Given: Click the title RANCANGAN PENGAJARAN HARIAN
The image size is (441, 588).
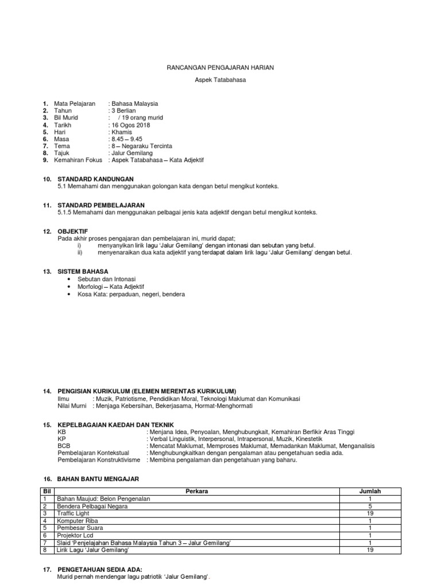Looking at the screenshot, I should coord(220,68).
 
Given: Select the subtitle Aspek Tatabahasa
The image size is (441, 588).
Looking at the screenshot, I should coord(220,80).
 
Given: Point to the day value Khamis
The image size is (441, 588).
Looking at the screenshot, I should coord(121,132).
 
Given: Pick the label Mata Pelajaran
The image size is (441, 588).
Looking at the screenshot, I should coord(75,104).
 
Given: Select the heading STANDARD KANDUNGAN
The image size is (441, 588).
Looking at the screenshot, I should coord(95,180).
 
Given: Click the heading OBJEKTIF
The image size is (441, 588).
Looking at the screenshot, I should coord(72,231).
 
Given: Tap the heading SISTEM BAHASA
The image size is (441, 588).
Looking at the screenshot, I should coord(83,271).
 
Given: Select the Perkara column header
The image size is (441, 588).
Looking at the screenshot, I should coord(197,492).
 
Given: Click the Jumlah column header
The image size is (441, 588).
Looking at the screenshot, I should coord(370,492).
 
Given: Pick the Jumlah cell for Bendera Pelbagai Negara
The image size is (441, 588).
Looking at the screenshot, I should coord(370,506).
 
